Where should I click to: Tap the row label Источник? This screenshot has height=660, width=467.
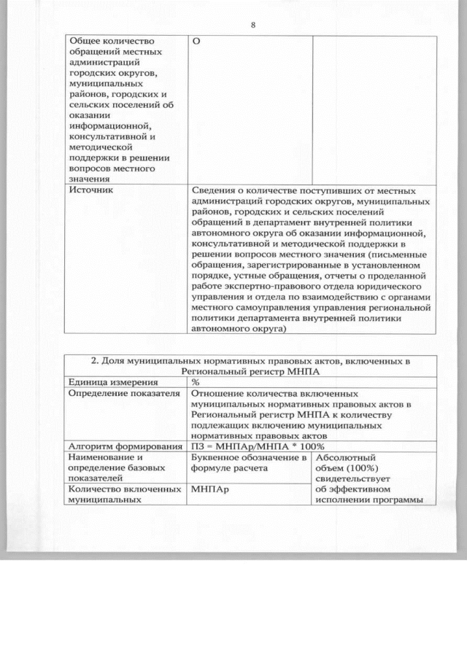tap(90, 189)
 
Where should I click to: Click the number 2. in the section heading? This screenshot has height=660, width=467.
tap(94, 360)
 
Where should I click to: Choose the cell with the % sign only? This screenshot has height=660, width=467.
tap(196, 381)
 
